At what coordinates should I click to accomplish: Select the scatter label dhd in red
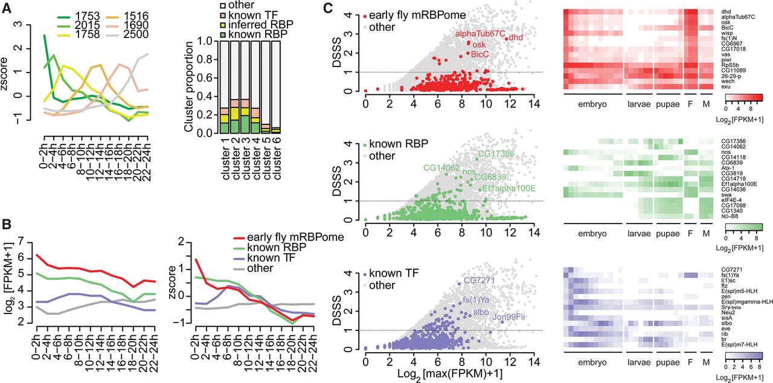click(x=515, y=37)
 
